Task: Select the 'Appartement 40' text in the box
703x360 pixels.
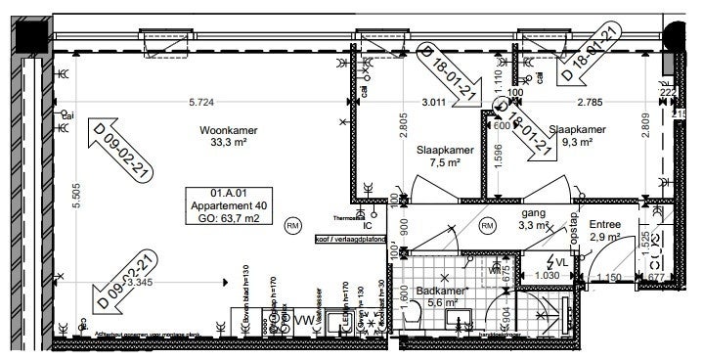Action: (x=232, y=205)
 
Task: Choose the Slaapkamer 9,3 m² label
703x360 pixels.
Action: (x=577, y=135)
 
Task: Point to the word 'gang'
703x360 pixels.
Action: (x=534, y=212)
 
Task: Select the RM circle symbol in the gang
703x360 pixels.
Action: (x=486, y=227)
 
